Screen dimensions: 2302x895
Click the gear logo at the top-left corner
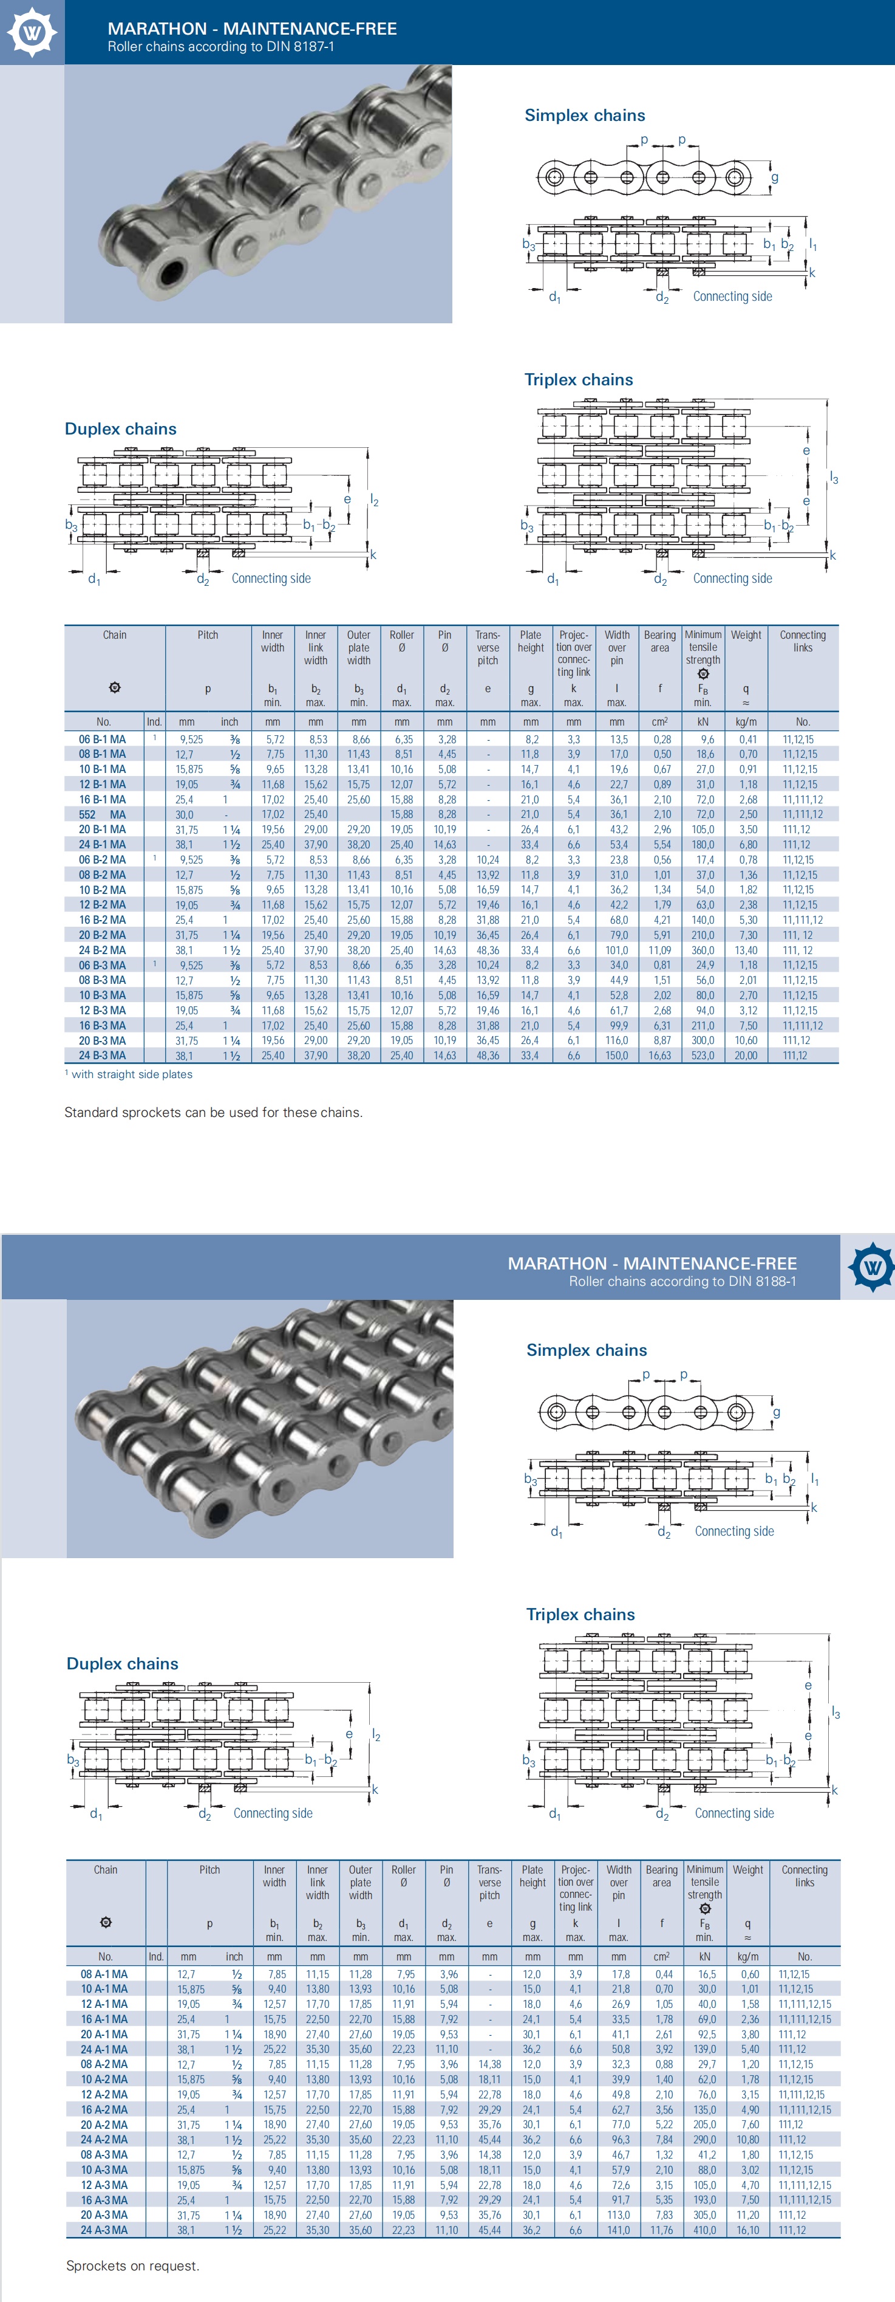pos(32,32)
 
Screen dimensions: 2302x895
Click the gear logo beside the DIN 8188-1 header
pos(871,1266)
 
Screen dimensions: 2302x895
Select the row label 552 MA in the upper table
pos(102,814)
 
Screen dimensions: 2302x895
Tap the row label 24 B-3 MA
pos(102,1056)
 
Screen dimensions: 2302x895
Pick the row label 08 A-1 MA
pos(104,1974)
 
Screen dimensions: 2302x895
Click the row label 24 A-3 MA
pos(104,2230)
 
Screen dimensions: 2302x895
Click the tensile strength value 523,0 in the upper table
pos(703,1056)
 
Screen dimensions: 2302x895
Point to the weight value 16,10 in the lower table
pos(747,2230)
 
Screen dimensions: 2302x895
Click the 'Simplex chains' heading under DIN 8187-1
pos(584,115)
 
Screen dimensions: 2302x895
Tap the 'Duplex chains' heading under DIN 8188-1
pos(123,1663)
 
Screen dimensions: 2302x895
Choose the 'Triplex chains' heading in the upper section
pos(578,380)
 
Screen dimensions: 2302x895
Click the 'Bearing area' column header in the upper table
pos(659,642)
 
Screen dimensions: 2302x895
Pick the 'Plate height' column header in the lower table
pos(533,1876)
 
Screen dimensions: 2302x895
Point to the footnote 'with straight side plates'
pos(131,1074)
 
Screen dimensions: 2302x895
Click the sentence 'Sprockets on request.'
pos(132,2266)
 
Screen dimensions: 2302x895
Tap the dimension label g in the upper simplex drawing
pos(774,177)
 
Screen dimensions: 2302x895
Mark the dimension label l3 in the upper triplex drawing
pos(833,479)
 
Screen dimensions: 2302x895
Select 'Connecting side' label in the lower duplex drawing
pos(273,1813)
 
